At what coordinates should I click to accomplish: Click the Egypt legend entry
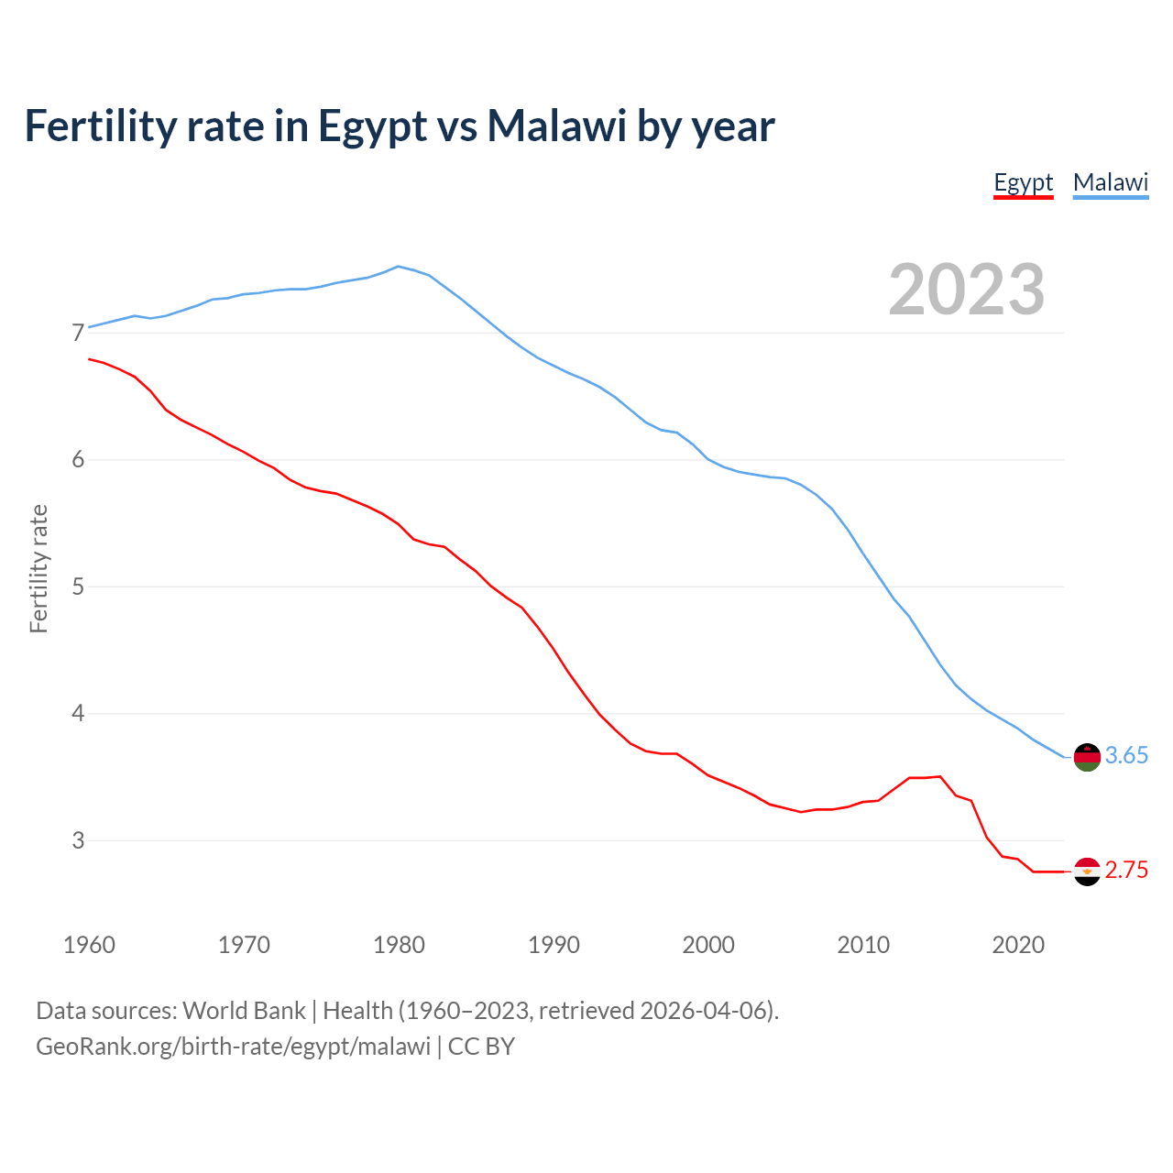point(1024,182)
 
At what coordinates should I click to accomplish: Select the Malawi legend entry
point(1111,182)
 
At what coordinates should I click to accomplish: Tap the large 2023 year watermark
point(967,290)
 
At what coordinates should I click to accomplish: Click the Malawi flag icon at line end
point(1087,757)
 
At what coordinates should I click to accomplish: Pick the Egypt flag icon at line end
point(1087,872)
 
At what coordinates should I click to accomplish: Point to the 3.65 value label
point(1126,756)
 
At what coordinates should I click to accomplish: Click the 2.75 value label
point(1126,871)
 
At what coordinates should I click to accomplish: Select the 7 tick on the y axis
point(77,333)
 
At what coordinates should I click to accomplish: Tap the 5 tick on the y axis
point(77,586)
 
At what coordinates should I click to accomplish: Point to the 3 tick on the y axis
point(77,840)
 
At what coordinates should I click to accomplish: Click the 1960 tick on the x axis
point(89,945)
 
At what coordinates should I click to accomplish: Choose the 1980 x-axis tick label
point(399,945)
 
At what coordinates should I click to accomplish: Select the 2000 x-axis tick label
point(708,945)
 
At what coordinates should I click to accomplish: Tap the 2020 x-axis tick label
point(1018,945)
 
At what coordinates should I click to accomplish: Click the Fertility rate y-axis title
point(38,568)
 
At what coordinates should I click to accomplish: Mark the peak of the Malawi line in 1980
point(398,267)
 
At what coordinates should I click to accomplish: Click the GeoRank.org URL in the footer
point(233,1047)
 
